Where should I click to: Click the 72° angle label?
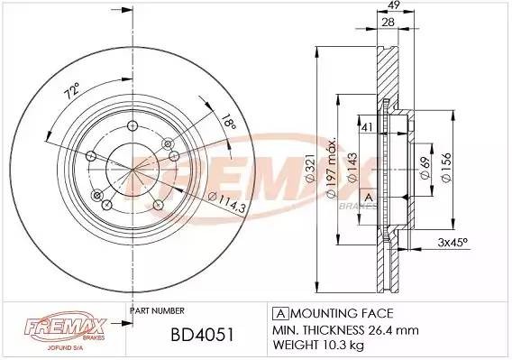tap(72, 91)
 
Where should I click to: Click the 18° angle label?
tap(228, 123)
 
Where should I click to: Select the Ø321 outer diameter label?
tap(310, 168)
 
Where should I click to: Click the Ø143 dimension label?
tap(352, 168)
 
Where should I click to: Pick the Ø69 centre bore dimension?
tap(425, 168)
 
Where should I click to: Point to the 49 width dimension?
tap(395, 5)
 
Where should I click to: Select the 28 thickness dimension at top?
tap(388, 23)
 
